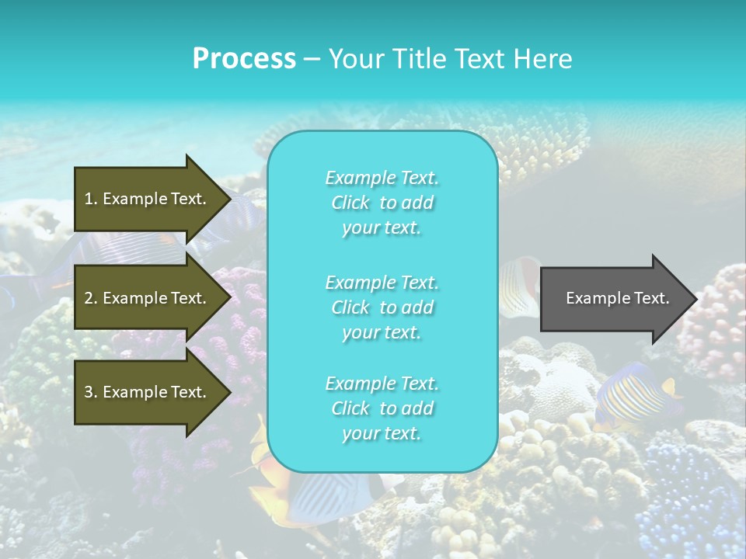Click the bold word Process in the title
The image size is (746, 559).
pyautogui.click(x=244, y=59)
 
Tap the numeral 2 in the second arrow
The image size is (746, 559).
pyautogui.click(x=89, y=298)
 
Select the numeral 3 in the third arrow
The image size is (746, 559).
pyautogui.click(x=89, y=392)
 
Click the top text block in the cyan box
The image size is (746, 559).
pyautogui.click(x=382, y=203)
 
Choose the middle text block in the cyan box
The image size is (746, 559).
pyautogui.click(x=382, y=307)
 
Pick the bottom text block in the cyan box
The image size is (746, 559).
pyautogui.click(x=382, y=408)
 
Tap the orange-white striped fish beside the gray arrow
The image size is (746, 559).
pyautogui.click(x=518, y=287)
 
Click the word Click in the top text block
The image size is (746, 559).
pyautogui.click(x=350, y=203)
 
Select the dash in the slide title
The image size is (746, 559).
pyautogui.click(x=312, y=59)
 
